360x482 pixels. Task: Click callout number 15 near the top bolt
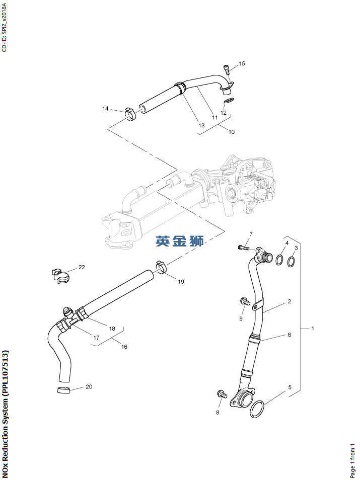click(x=242, y=64)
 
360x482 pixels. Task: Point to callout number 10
click(x=232, y=132)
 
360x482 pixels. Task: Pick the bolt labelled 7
click(x=244, y=247)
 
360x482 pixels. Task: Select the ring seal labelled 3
click(x=291, y=262)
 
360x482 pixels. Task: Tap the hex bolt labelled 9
click(x=245, y=301)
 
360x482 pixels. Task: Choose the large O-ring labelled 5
click(x=257, y=409)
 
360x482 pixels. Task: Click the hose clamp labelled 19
click(x=162, y=267)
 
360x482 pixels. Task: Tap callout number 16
click(x=124, y=347)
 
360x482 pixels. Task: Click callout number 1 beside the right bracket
click(x=312, y=329)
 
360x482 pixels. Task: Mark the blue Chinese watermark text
click(x=180, y=242)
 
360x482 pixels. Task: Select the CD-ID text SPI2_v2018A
click(x=4, y=26)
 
